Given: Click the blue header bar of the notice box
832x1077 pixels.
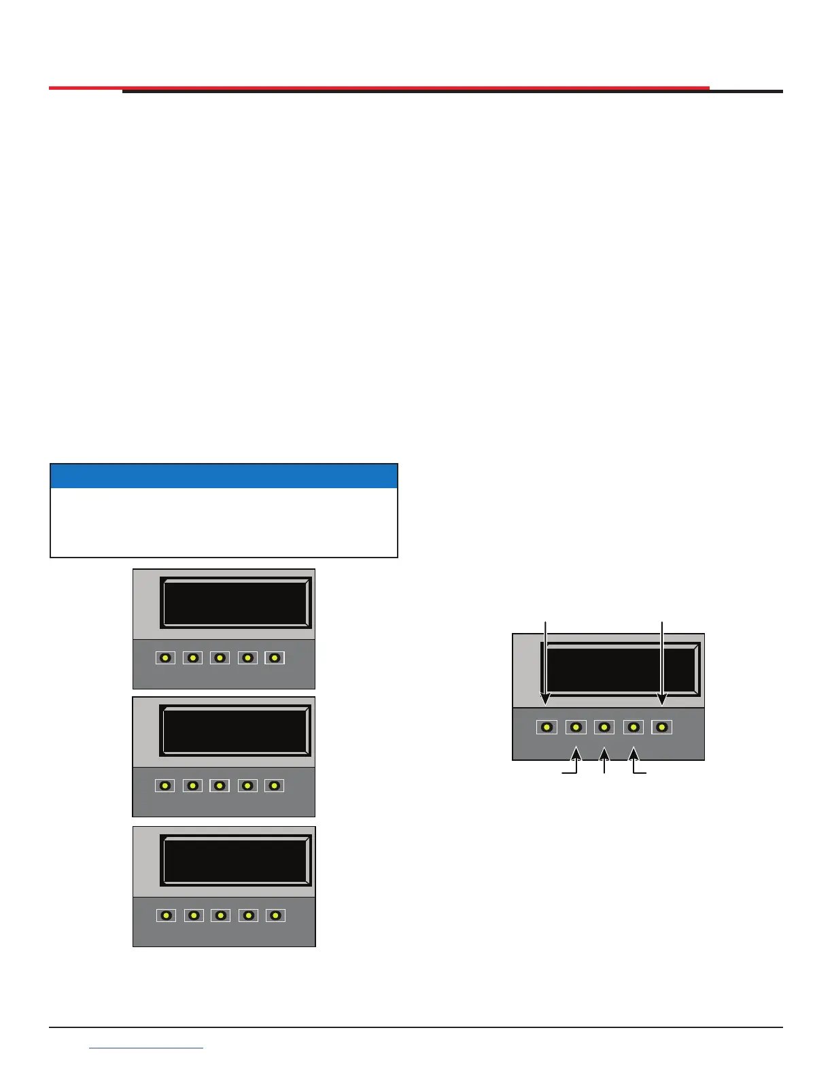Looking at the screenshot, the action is tap(224, 476).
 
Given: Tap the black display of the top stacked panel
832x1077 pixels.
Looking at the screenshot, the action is tap(235, 602).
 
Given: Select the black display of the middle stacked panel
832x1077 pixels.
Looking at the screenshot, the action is tap(235, 730).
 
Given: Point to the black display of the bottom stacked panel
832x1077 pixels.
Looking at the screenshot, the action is tap(235, 860).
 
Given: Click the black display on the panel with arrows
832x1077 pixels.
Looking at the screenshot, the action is tap(620, 670).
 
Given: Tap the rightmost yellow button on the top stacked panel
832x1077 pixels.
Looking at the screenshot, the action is tap(275, 658).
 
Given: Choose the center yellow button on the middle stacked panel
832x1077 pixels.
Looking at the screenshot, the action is tap(220, 786).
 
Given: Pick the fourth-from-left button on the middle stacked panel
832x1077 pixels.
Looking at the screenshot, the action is tap(247, 786).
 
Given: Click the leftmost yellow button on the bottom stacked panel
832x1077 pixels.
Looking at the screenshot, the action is tap(166, 916).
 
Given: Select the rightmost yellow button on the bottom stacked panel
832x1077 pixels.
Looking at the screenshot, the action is tap(275, 916).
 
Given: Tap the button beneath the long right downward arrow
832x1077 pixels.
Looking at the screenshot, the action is tap(662, 728).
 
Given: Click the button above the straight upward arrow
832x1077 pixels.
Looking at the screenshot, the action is tap(604, 728).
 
